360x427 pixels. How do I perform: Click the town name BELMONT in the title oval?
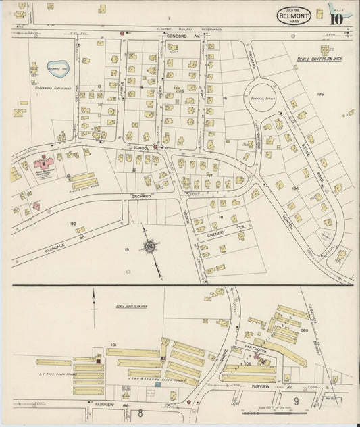[293, 14]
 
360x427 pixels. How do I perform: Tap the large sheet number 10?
[336, 18]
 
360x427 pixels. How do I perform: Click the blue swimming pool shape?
[57, 68]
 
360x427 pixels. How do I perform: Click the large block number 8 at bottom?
[140, 412]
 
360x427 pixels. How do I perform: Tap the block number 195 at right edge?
[320, 94]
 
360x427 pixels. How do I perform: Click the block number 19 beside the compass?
[126, 249]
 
